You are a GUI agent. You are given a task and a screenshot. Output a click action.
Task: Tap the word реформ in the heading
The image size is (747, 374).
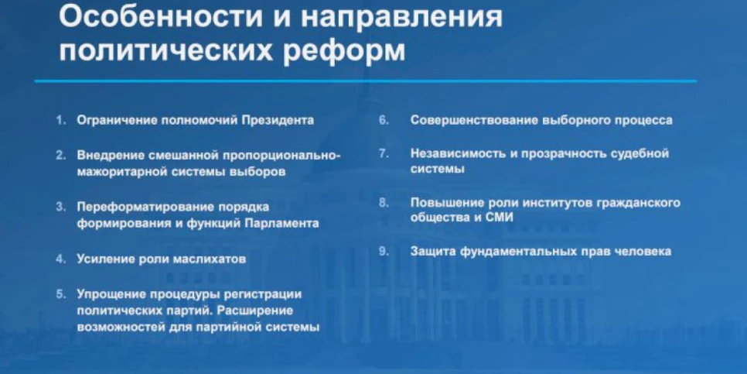pos(344,52)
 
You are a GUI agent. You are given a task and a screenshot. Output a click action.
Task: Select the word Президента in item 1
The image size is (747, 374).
pos(278,120)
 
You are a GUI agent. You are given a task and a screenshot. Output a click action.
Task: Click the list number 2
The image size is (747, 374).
pos(60,156)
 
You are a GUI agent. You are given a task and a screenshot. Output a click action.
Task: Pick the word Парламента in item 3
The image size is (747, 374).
pos(282,224)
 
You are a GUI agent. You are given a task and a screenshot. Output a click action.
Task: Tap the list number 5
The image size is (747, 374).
pos(60,294)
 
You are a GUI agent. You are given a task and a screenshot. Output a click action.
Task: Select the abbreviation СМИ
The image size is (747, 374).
pos(500,218)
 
